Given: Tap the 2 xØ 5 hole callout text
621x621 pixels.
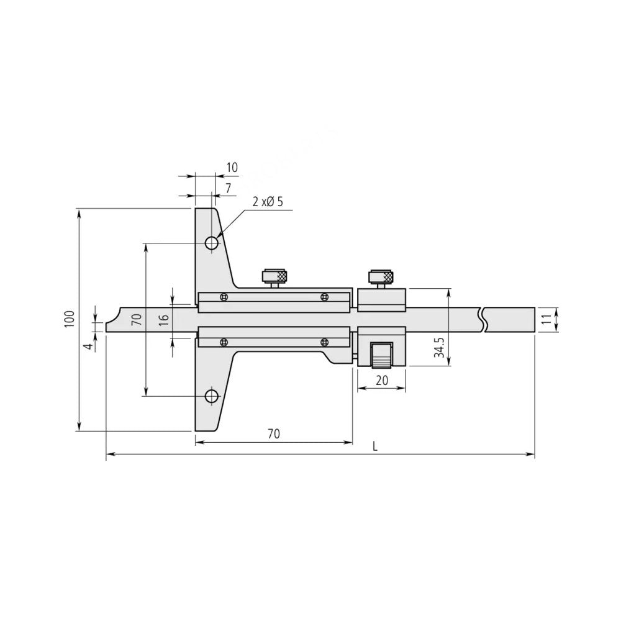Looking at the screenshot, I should tap(268, 202).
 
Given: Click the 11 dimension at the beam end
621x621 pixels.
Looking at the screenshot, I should tap(546, 320).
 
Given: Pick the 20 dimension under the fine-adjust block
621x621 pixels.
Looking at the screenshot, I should tap(382, 381).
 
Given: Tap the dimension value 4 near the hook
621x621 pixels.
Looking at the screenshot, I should tap(89, 346).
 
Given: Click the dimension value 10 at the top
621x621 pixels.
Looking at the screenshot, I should tap(232, 167).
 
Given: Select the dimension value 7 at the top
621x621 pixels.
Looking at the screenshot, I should tap(229, 187).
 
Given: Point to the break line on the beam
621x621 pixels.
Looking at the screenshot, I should tap(483, 320).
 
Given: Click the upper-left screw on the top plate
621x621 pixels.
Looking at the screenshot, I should tap(224, 297).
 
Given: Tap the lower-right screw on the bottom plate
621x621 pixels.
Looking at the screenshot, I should tap(324, 342).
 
